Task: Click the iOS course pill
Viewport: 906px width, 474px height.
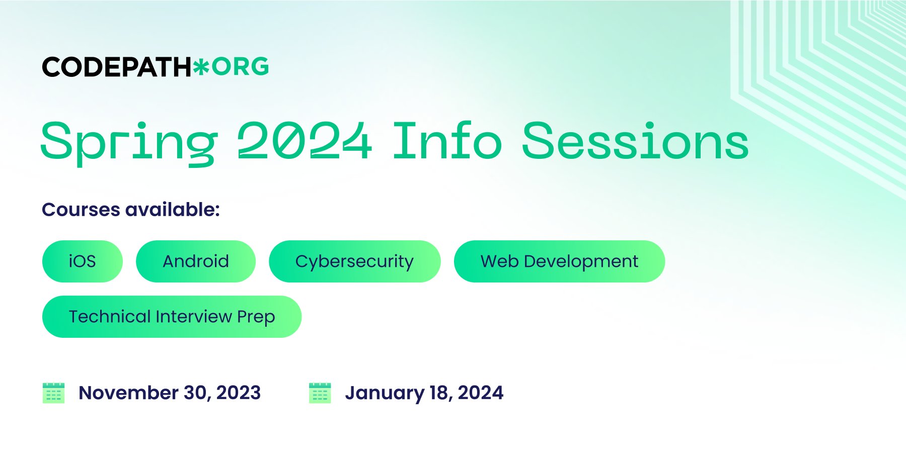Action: point(83,261)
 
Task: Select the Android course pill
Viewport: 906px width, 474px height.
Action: point(196,261)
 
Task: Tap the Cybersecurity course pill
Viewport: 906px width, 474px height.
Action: point(355,261)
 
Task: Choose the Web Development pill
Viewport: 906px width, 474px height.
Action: point(559,261)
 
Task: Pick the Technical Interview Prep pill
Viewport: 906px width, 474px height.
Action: point(172,317)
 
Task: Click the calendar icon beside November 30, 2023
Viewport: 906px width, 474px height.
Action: point(53,393)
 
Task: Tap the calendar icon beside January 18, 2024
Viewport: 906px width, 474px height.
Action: point(320,393)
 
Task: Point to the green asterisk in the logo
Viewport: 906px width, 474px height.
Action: point(201,67)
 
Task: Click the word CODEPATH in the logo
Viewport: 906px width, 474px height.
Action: point(117,67)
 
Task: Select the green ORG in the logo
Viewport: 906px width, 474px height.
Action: point(240,67)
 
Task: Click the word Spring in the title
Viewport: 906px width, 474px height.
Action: point(129,143)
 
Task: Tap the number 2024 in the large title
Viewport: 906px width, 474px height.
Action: point(305,141)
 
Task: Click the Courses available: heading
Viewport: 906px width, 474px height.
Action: point(131,210)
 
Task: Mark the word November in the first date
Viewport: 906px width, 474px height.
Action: point(129,393)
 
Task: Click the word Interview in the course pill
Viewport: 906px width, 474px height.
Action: point(194,317)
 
